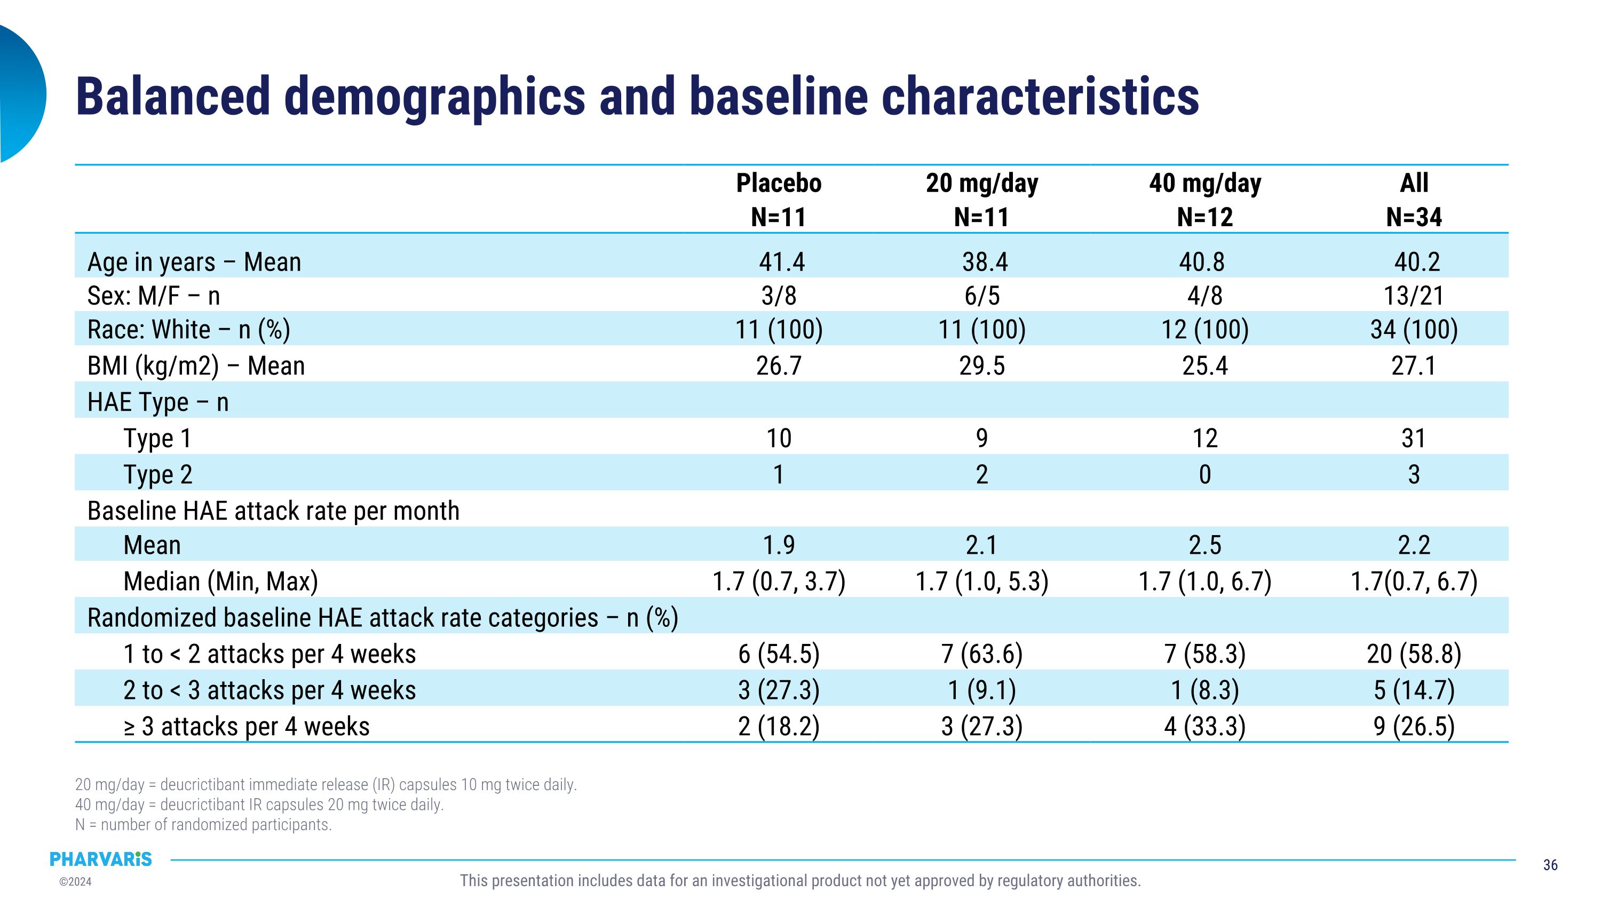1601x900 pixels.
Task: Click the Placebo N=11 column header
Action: coord(779,200)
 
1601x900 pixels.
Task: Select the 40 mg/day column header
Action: coord(1204,200)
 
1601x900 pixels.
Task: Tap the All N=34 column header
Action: coord(1414,200)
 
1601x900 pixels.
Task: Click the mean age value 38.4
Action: coord(985,261)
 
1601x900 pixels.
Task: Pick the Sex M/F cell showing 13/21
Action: coord(1414,296)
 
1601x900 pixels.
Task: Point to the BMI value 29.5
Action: coord(982,366)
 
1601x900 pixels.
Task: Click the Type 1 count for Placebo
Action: coord(779,439)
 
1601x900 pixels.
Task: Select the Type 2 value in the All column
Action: coord(1414,474)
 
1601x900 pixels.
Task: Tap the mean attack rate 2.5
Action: coord(1204,545)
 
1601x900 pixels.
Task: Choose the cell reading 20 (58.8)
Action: coord(1414,654)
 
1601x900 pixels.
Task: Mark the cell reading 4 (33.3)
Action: coord(1204,727)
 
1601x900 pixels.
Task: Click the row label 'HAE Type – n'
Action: coord(158,402)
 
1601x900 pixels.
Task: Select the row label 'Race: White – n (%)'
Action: coord(189,330)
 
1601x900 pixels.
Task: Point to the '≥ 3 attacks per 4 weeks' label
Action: coord(247,727)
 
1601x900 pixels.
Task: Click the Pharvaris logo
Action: coord(101,859)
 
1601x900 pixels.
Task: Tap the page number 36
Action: coord(1550,865)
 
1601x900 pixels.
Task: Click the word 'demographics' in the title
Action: coord(434,97)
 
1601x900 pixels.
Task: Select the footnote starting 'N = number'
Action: coord(203,825)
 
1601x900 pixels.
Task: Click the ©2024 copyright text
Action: coord(75,881)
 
